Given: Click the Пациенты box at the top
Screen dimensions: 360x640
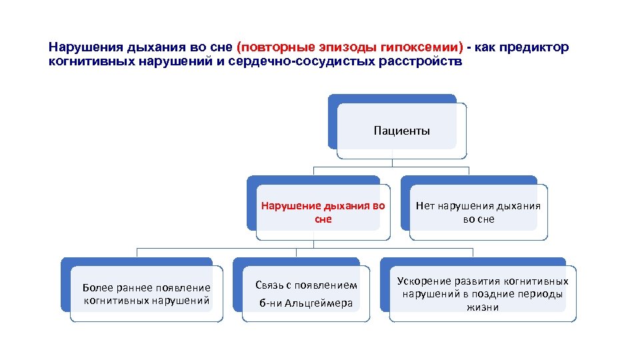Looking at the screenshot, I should (401, 131).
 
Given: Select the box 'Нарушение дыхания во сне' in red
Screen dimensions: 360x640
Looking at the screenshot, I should (323, 212).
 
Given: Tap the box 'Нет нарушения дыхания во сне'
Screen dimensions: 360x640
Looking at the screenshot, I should (478, 212).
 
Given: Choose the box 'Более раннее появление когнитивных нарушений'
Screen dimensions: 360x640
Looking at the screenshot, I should (146, 294).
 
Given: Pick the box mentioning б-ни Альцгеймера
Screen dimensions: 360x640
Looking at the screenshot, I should (306, 294).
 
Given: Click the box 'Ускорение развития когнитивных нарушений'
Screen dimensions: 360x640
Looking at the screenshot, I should (483, 294).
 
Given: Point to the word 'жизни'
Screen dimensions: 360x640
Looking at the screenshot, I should (483, 307).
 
